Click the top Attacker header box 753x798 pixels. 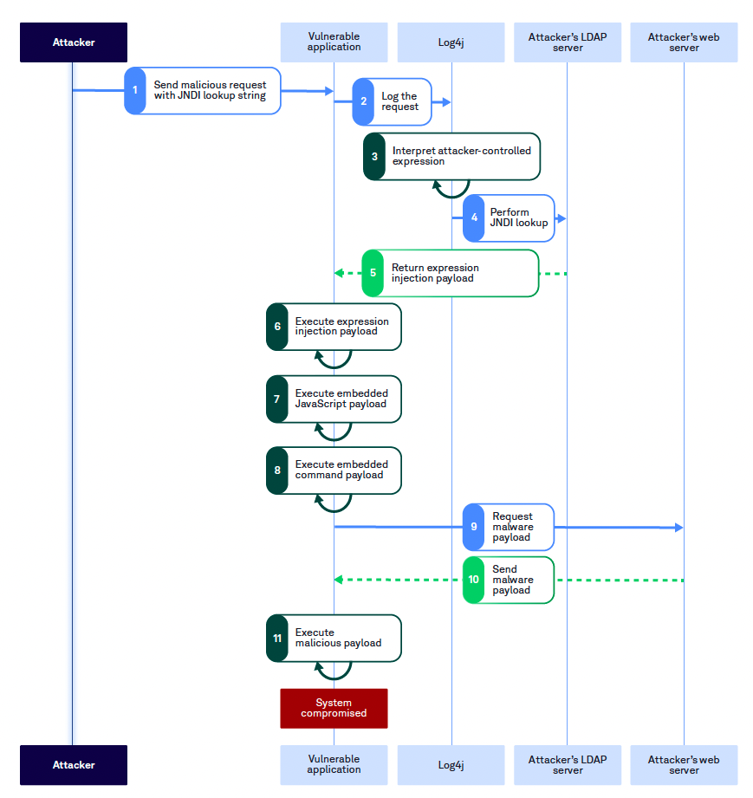point(74,42)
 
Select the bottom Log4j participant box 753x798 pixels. point(451,765)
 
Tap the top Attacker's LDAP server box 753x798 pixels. point(568,42)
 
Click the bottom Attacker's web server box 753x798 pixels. point(684,765)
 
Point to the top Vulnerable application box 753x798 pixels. point(334,42)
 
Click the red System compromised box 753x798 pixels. point(334,708)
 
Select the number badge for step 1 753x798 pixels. point(135,90)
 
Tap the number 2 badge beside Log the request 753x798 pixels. point(363,101)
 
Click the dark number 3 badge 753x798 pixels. point(374,156)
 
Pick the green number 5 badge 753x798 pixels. point(373,273)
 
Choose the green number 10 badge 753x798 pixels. point(473,580)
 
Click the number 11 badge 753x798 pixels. point(277,638)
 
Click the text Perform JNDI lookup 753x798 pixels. point(519,217)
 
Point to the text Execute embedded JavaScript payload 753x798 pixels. point(341,399)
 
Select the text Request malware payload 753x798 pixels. point(513,527)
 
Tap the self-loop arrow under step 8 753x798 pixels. point(334,503)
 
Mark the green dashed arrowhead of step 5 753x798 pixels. point(340,273)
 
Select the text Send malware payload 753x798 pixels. point(512,580)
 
